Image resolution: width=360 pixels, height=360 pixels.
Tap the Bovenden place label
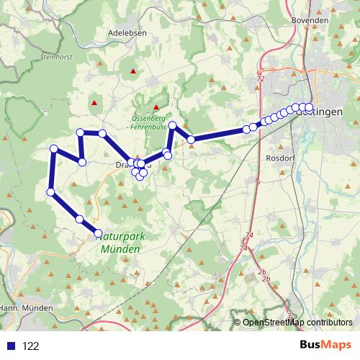pyautogui.click(x=310, y=21)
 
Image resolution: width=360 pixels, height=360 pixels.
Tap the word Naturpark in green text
pyautogui.click(x=118, y=235)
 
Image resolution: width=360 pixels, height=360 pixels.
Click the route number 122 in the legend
pyautogui.click(x=30, y=346)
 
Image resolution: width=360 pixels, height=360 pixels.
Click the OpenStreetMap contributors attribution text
pyautogui.click(x=297, y=322)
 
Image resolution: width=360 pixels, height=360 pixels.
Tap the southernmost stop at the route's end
pyautogui.click(x=99, y=233)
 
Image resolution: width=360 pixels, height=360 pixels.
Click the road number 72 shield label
pyautogui.click(x=260, y=78)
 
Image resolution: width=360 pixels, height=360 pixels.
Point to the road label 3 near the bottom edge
pyautogui.click(x=289, y=315)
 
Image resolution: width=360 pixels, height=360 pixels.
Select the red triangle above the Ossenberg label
pyautogui.click(x=155, y=108)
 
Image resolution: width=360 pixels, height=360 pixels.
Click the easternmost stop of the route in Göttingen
pyautogui.click(x=309, y=107)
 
